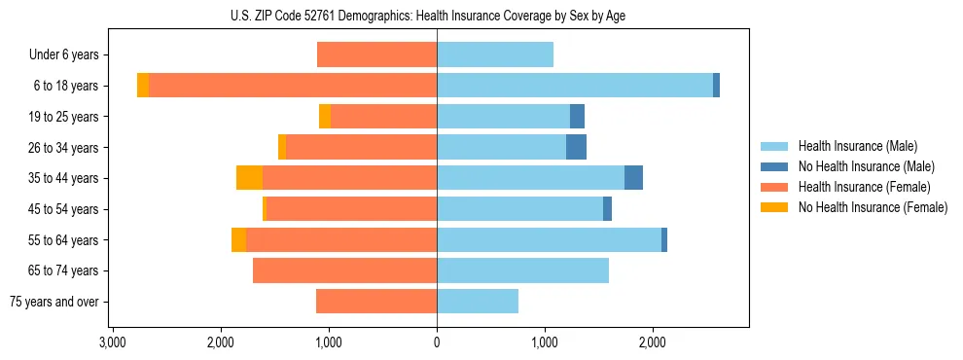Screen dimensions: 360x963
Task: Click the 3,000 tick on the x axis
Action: pyautogui.click(x=113, y=342)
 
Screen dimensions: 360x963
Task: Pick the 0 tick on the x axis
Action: pyautogui.click(x=437, y=342)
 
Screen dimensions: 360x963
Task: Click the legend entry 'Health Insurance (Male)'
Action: pyautogui.click(x=857, y=146)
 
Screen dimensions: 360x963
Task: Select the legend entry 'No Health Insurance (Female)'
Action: pyautogui.click(x=873, y=207)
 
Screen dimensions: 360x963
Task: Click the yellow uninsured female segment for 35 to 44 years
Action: pyautogui.click(x=249, y=178)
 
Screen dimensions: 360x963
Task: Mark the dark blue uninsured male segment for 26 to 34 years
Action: pyautogui.click(x=576, y=148)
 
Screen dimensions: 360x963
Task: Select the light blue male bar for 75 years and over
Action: pyautogui.click(x=478, y=302)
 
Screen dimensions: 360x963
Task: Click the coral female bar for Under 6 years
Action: pyautogui.click(x=376, y=55)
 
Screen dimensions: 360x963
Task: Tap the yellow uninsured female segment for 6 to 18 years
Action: pyautogui.click(x=143, y=86)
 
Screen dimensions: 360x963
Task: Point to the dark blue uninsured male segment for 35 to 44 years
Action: pyautogui.click(x=633, y=178)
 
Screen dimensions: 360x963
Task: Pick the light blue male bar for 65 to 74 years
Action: pyautogui.click(x=522, y=270)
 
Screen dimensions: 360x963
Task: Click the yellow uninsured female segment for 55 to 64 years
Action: pyautogui.click(x=238, y=240)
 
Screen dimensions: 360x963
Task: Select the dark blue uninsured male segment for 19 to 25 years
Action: pyautogui.click(x=577, y=117)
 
